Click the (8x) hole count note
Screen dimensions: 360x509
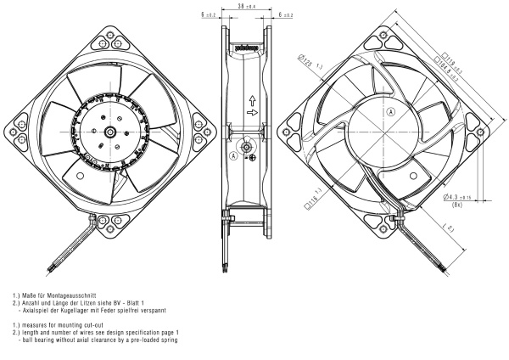pos(459,205)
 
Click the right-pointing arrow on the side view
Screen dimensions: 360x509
pos(252,110)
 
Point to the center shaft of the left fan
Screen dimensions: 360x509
pos(112,132)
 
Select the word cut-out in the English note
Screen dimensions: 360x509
pos(88,325)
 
